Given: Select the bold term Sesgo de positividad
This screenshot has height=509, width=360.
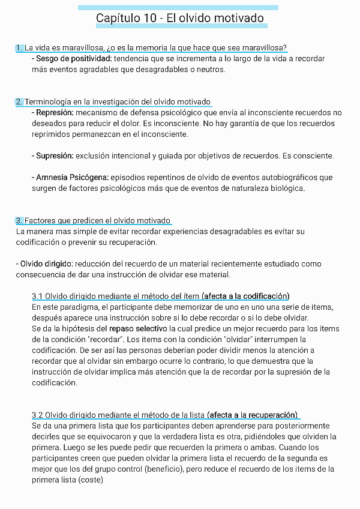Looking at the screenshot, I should [74, 59].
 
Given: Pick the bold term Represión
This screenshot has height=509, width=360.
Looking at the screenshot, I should [55, 113].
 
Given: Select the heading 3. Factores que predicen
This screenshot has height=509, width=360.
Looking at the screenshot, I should [93, 221].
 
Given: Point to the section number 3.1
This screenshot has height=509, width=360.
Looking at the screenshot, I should [37, 297].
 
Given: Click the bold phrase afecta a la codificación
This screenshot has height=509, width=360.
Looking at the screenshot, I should [246, 297].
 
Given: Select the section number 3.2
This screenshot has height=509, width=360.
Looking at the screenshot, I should [37, 415].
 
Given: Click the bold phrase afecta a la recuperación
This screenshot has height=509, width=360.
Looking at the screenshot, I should [253, 415].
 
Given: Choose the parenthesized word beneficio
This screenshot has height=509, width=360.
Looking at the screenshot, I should [163, 469].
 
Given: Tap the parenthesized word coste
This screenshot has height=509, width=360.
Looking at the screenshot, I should [91, 480].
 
